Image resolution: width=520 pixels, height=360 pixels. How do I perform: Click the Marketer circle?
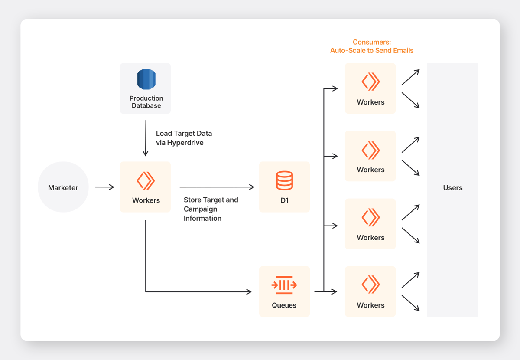pyautogui.click(x=63, y=187)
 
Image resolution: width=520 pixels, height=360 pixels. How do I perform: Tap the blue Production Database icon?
pyautogui.click(x=146, y=79)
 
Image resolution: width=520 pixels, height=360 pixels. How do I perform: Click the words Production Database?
pyautogui.click(x=146, y=102)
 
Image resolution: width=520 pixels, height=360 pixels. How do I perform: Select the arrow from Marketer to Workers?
pyautogui.click(x=105, y=187)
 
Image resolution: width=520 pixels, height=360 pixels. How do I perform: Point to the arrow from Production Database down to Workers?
pyautogui.click(x=146, y=138)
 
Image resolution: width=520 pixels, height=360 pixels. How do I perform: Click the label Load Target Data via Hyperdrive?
pyautogui.click(x=184, y=138)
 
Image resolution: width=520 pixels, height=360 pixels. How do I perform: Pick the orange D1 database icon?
pyautogui.click(x=284, y=180)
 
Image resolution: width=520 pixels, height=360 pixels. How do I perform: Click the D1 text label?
pyautogui.click(x=285, y=200)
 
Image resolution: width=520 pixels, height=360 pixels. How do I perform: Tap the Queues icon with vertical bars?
pyautogui.click(x=284, y=285)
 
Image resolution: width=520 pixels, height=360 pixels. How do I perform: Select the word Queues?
pyautogui.click(x=284, y=305)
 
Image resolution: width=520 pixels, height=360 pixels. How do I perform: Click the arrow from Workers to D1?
pyautogui.click(x=217, y=187)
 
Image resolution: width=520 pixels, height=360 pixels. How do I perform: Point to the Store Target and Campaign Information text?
pyautogui.click(x=211, y=209)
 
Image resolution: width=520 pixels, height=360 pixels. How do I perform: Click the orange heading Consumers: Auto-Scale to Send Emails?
pyautogui.click(x=372, y=46)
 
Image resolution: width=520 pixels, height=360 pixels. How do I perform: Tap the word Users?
pyautogui.click(x=453, y=187)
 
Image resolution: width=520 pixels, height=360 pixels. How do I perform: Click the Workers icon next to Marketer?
pyautogui.click(x=146, y=180)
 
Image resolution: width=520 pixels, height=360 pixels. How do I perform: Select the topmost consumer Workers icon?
pyautogui.click(x=370, y=82)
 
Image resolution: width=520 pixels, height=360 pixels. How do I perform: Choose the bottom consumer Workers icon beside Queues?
pyautogui.click(x=370, y=285)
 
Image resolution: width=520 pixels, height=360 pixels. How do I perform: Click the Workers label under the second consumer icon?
pyautogui.click(x=370, y=170)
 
